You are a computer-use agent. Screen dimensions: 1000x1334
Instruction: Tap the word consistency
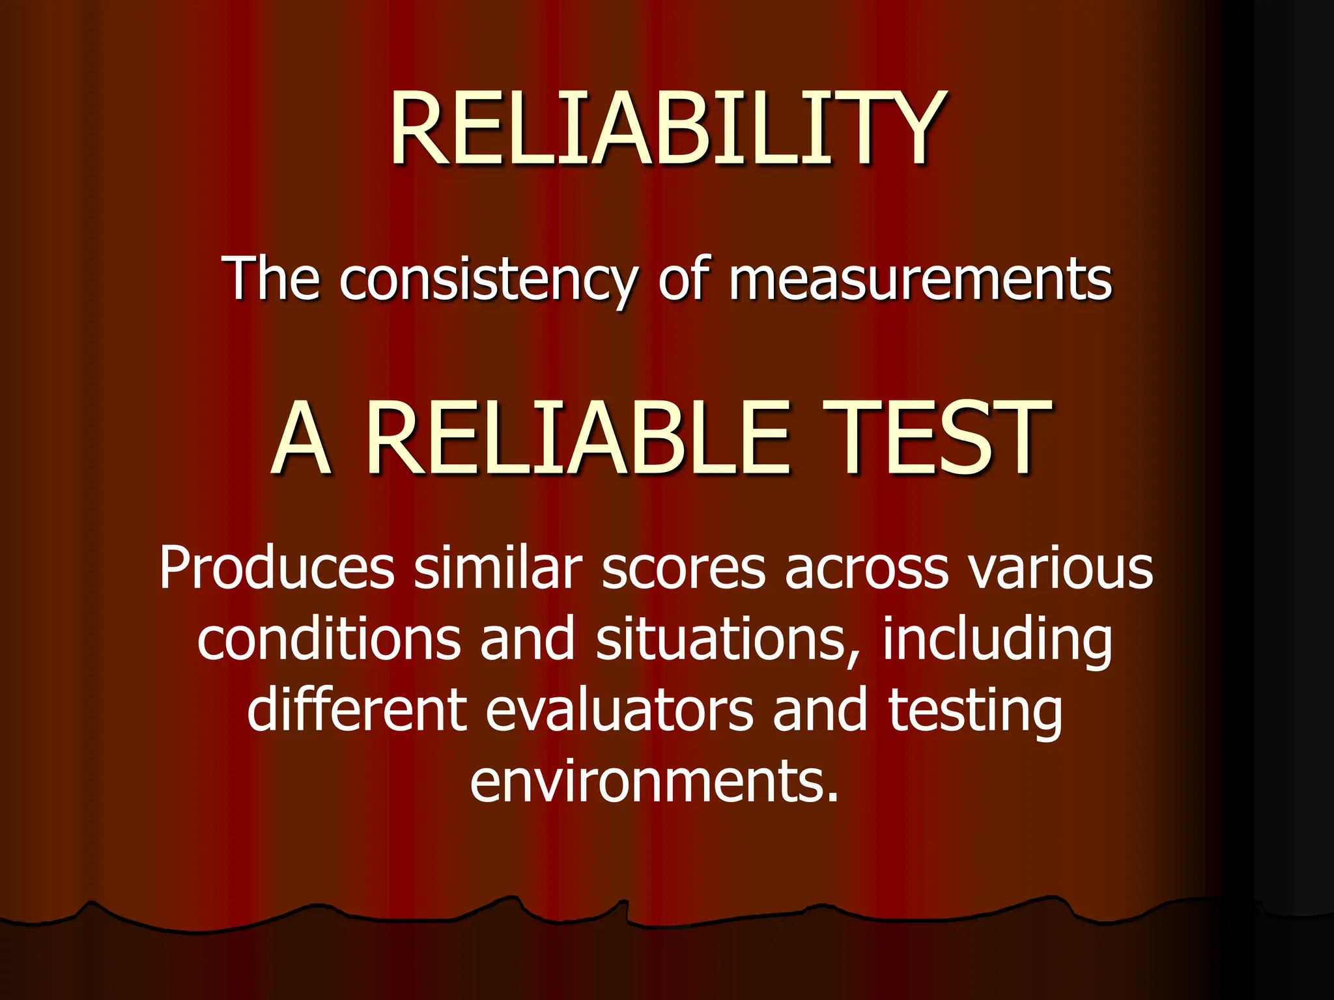(x=487, y=280)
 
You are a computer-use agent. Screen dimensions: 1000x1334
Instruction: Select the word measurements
(x=920, y=280)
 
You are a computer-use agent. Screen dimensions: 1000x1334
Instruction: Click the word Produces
(x=277, y=568)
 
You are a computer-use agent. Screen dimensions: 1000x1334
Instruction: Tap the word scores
(x=683, y=568)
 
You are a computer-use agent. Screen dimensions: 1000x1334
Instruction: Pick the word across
(x=866, y=568)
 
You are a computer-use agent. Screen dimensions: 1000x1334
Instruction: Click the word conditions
(x=330, y=639)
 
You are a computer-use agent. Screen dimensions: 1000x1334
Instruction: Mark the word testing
(x=975, y=712)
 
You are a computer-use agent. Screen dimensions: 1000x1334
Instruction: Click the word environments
(x=654, y=781)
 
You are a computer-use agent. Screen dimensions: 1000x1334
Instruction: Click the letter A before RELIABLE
(x=301, y=440)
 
